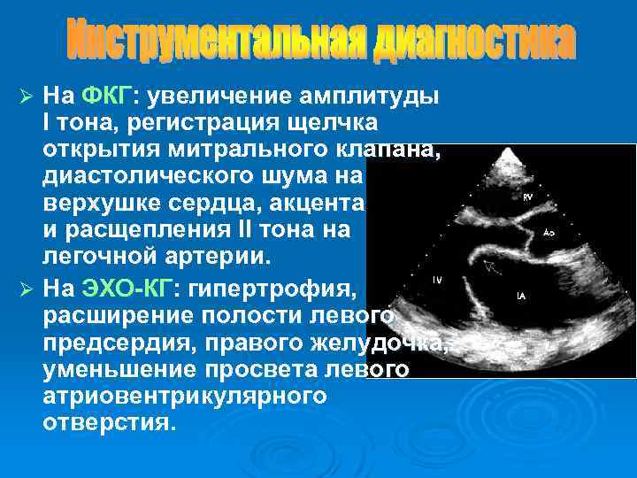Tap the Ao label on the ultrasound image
(x=549, y=233)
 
